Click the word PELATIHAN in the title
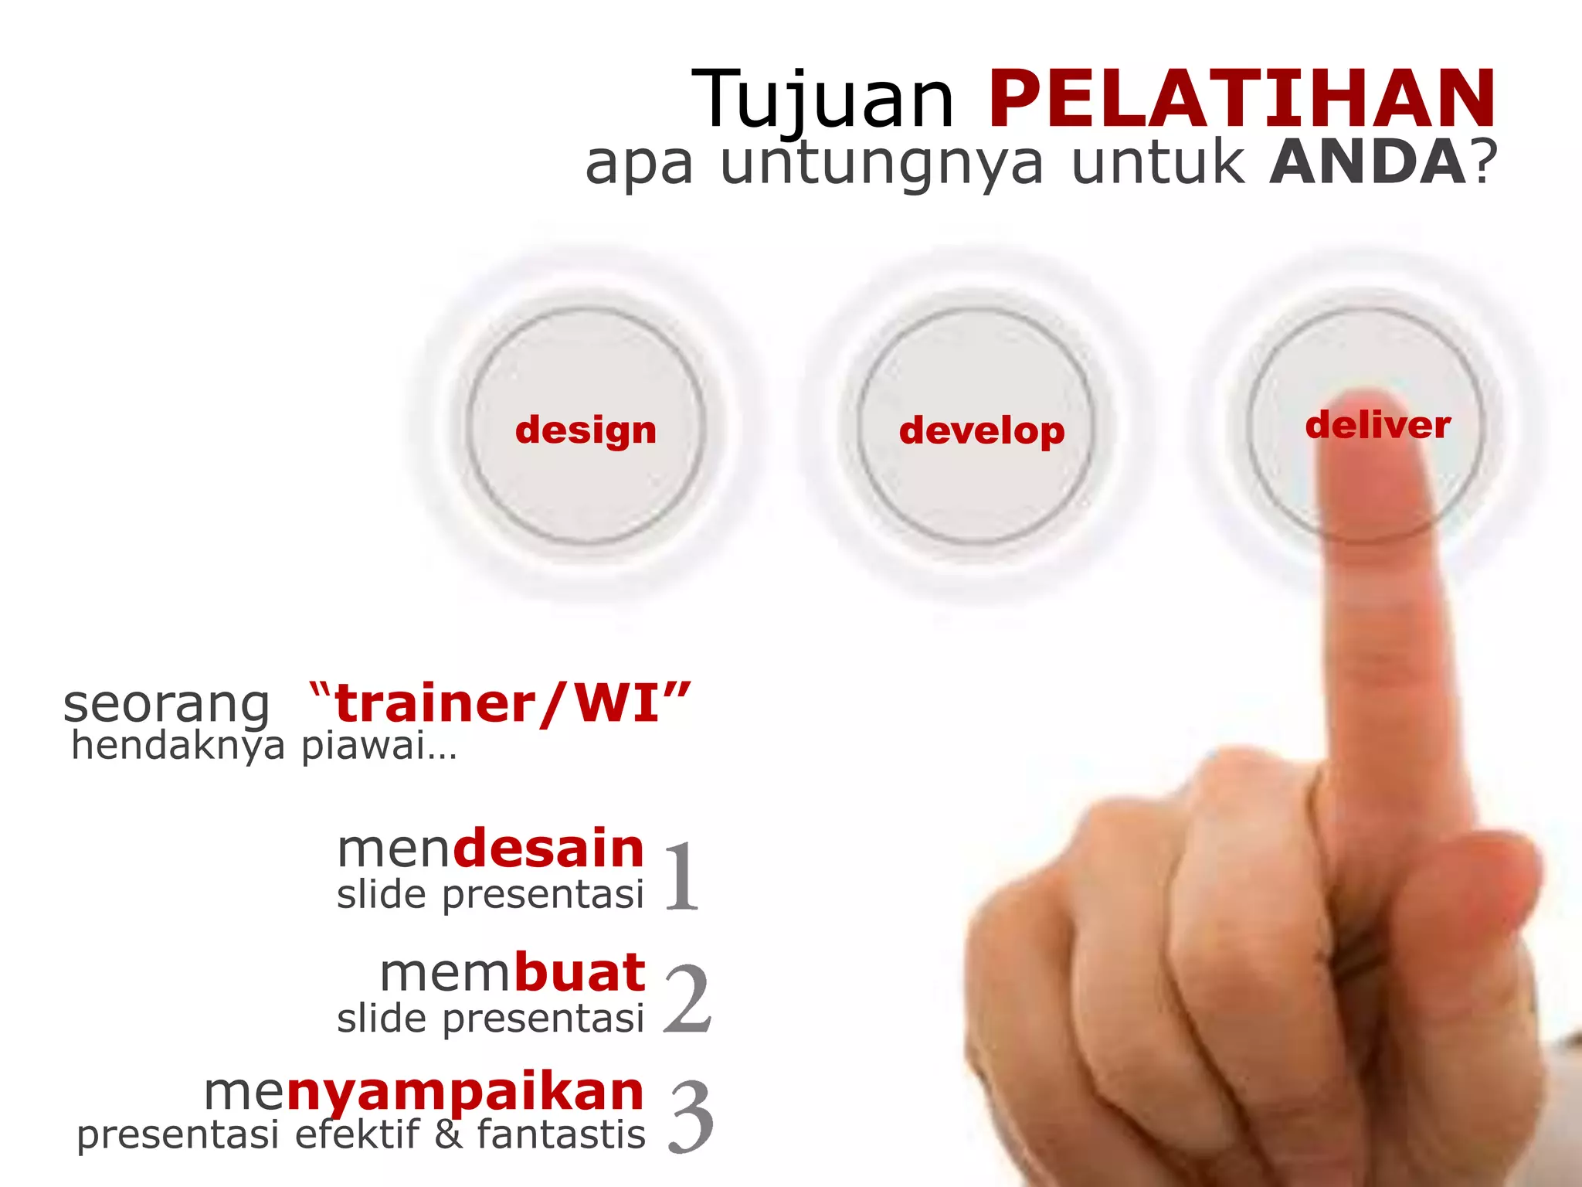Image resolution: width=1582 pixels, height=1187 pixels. (1242, 99)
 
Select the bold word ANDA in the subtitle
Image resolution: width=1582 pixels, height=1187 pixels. (1368, 162)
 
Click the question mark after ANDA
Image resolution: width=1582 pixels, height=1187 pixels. (1485, 162)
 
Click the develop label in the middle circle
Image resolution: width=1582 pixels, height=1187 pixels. (982, 430)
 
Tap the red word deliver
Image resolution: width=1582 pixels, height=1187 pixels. (1377, 425)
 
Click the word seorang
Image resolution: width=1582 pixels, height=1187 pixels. (166, 705)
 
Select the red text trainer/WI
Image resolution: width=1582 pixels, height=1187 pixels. (498, 703)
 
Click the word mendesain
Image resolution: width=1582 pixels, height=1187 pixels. (491, 849)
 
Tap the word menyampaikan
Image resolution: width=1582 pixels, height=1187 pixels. (423, 1093)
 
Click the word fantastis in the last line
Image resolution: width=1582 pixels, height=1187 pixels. (561, 1135)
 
